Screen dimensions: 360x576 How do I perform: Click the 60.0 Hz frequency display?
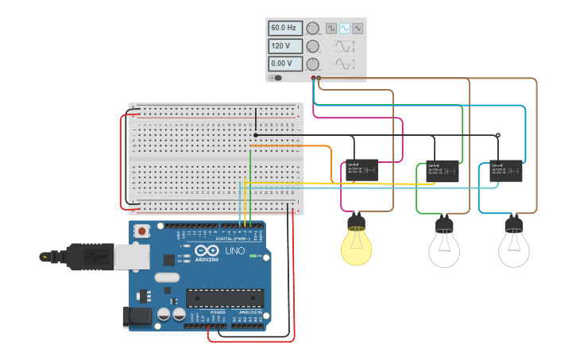284,28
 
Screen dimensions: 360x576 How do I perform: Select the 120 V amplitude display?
284,46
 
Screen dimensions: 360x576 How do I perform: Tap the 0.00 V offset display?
284,64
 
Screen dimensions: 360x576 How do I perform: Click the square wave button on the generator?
331,29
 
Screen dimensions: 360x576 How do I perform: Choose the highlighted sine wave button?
345,29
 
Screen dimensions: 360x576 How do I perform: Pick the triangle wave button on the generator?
358,29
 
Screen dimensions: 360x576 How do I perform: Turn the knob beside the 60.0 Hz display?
313,29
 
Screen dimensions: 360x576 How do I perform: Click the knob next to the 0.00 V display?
313,64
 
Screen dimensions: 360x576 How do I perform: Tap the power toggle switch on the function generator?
276,78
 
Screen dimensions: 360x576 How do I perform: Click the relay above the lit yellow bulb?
361,170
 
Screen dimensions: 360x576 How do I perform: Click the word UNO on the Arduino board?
234,251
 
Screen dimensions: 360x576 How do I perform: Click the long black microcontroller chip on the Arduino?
225,298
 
